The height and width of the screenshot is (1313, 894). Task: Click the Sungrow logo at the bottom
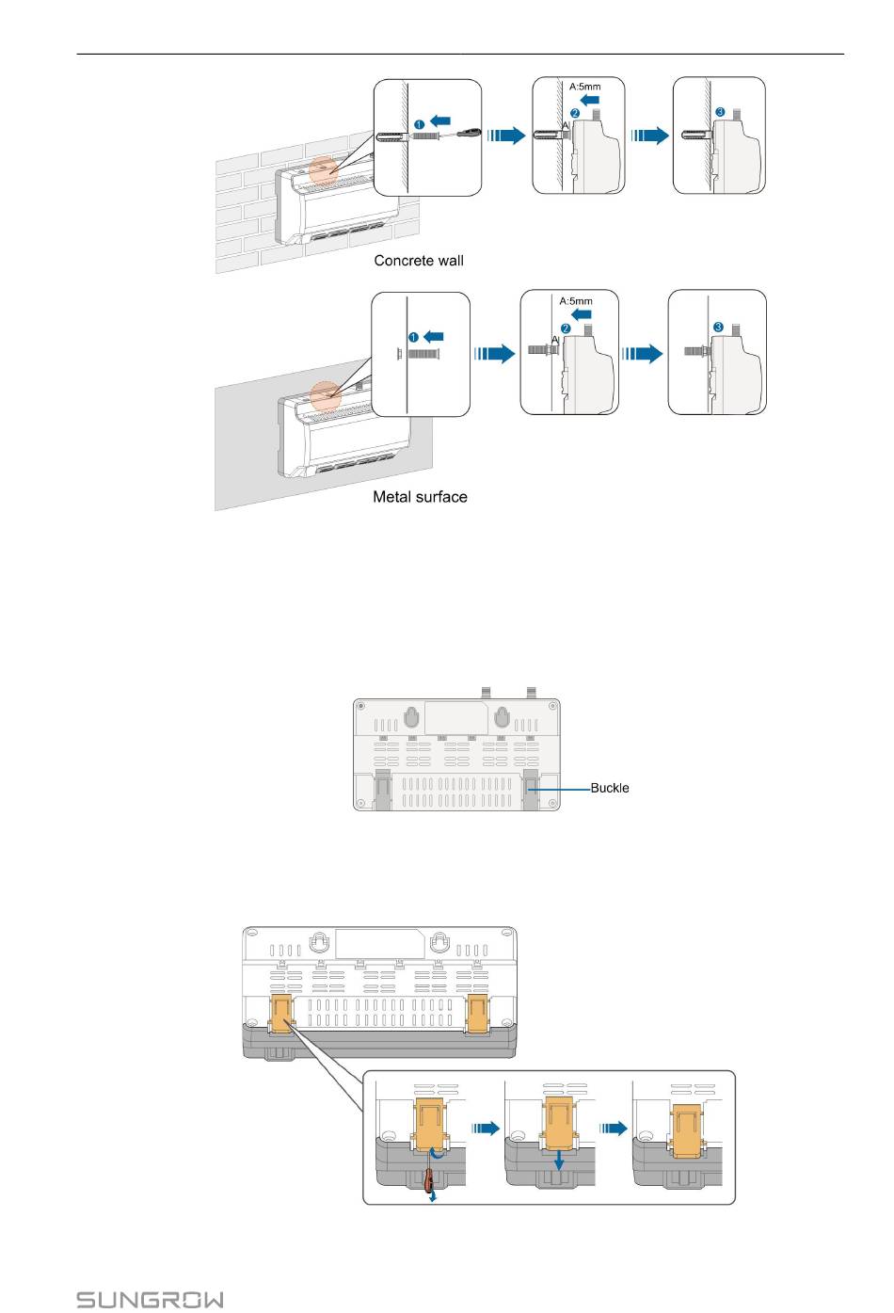150,1300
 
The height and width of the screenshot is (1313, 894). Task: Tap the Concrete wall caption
419,261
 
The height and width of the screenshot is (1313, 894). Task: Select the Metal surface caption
420,497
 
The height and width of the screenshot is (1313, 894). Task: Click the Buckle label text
610,788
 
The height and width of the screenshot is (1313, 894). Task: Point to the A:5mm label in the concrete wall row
584,87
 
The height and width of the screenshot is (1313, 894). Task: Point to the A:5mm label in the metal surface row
576,301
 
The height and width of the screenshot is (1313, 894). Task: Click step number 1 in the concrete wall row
416,124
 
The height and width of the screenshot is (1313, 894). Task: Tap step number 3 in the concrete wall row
720,112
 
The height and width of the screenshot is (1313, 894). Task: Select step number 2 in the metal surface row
566,328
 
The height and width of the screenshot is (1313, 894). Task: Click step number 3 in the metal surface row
718,327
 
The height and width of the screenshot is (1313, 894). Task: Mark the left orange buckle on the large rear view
281,1014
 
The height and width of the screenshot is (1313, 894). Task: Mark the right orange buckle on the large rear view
478,1013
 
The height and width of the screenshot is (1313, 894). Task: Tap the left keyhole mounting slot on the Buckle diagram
411,717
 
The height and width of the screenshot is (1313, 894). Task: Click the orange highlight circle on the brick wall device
324,169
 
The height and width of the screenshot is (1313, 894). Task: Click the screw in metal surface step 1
426,354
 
